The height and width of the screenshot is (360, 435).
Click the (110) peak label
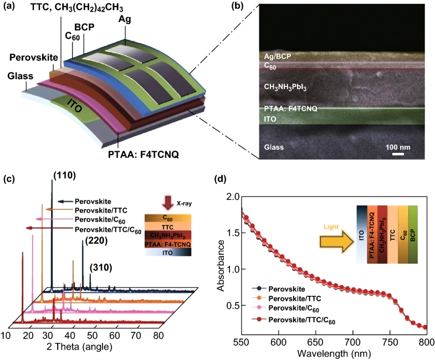(65, 176)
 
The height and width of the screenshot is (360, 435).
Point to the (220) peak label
(96, 241)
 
